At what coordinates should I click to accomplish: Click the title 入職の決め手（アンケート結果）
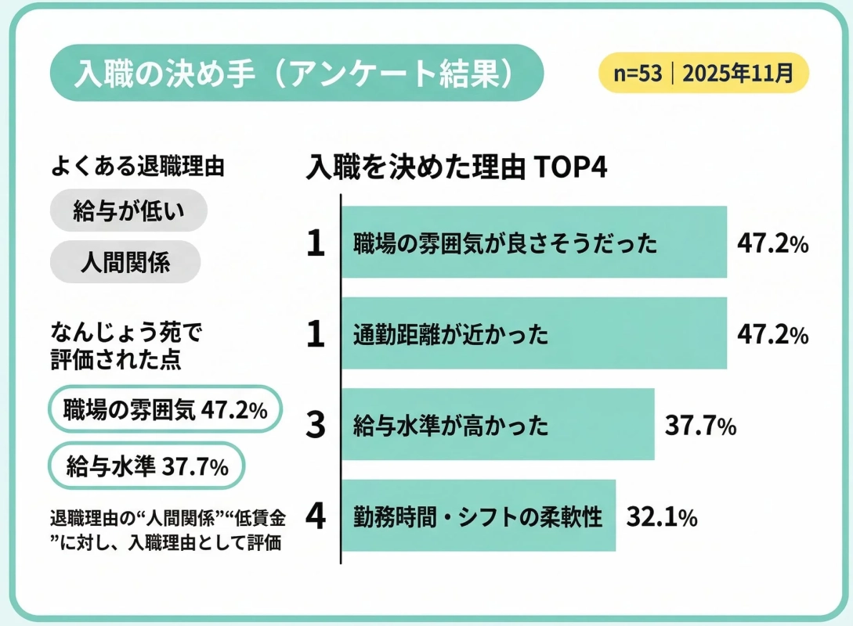pyautogui.click(x=295, y=73)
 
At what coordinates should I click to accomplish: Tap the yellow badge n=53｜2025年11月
pyautogui.click(x=703, y=74)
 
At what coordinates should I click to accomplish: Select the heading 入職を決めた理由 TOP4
pyautogui.click(x=457, y=167)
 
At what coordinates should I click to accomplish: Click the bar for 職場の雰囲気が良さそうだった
pyautogui.click(x=534, y=243)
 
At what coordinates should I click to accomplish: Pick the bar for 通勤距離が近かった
pyautogui.click(x=534, y=334)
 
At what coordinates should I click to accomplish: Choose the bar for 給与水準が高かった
pyautogui.click(x=497, y=426)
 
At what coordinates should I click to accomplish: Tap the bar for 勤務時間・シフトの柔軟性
pyautogui.click(x=479, y=516)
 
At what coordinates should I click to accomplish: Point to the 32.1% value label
pyautogui.click(x=662, y=517)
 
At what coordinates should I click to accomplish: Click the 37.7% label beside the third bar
pyautogui.click(x=700, y=426)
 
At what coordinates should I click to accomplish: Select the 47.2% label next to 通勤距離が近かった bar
pyautogui.click(x=772, y=334)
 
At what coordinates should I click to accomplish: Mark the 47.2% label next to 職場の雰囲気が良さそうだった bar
pyautogui.click(x=772, y=243)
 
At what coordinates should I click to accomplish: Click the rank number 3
pyautogui.click(x=315, y=426)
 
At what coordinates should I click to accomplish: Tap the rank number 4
pyautogui.click(x=315, y=517)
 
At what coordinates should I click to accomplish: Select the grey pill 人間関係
pyautogui.click(x=125, y=262)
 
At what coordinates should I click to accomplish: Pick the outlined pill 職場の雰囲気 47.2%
pyautogui.click(x=164, y=409)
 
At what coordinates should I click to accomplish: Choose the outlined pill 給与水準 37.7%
pyautogui.click(x=147, y=467)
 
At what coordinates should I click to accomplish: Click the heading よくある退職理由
pyautogui.click(x=138, y=166)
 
